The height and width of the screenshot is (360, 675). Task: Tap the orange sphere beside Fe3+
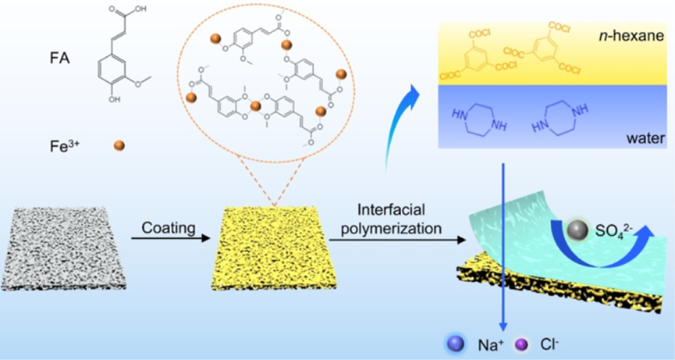pyautogui.click(x=119, y=145)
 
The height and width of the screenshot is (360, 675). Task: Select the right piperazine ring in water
pyautogui.click(x=562, y=120)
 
